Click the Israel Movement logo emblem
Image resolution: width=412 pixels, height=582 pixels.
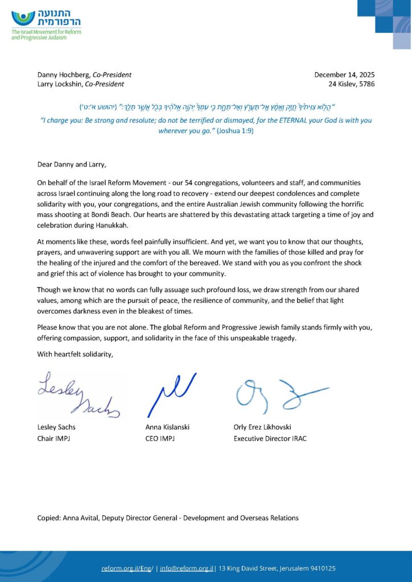point(23,18)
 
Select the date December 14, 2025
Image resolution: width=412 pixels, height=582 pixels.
point(344,74)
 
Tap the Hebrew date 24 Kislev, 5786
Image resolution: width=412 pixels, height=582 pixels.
point(351,84)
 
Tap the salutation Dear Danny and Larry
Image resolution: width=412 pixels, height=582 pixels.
point(72,165)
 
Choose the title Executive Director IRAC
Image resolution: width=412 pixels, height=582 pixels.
point(270,438)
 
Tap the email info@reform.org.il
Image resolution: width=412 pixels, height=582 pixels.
point(186,568)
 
